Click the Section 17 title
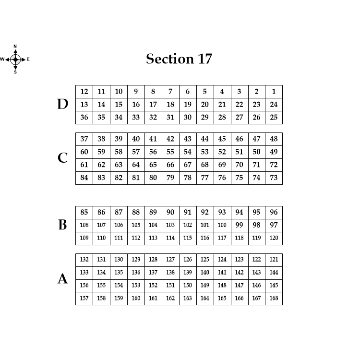[179, 59]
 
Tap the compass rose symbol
[15, 60]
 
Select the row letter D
[63, 105]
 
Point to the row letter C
[63, 158]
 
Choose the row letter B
[63, 225]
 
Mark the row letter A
[63, 279]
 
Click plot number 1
[274, 92]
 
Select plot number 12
[84, 92]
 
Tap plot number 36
[84, 118]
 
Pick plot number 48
[274, 139]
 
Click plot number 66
[170, 165]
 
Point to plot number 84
[84, 178]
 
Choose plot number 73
[274, 178]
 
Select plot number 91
[188, 212]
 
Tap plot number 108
[84, 225]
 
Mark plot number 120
[274, 238]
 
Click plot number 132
[84, 260]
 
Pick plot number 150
[188, 286]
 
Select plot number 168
[274, 299]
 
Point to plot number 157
[84, 299]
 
